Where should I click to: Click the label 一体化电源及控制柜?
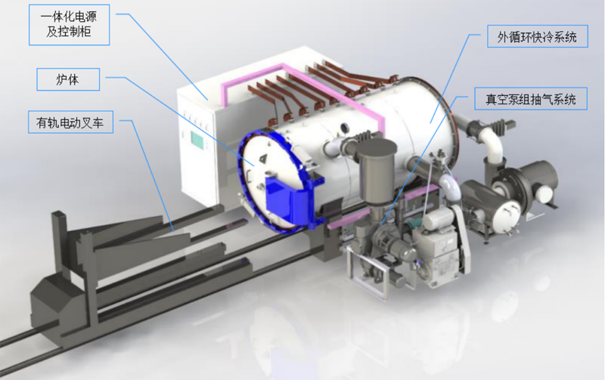point(69,25)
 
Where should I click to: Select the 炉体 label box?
point(68,79)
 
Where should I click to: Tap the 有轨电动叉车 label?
point(70,122)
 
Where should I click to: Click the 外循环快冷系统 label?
point(538,36)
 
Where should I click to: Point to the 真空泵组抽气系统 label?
point(531,99)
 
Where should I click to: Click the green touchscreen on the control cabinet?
point(197,140)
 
